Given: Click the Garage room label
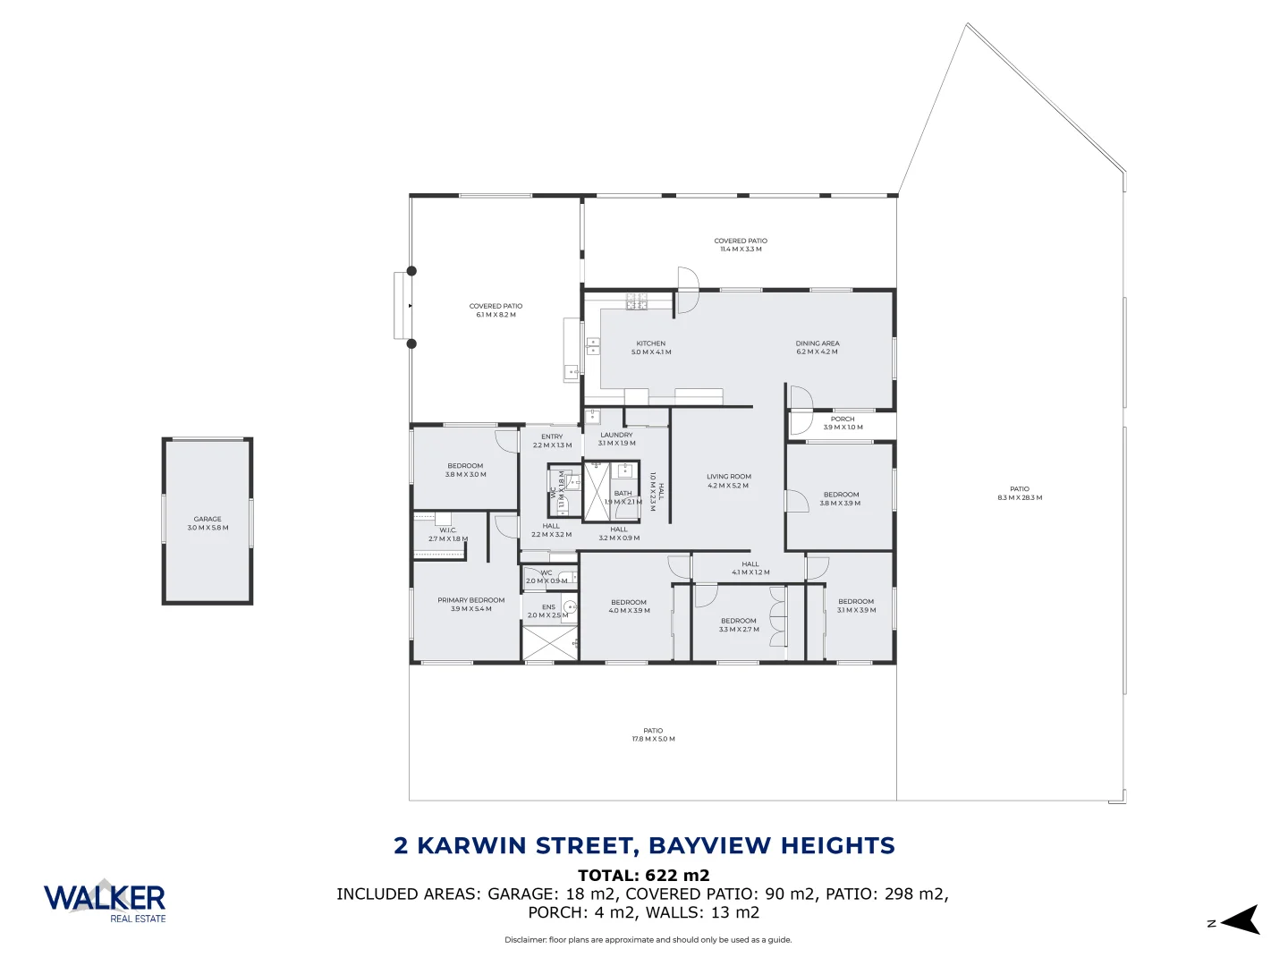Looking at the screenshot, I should [x=208, y=523].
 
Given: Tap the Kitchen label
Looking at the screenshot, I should [x=651, y=348].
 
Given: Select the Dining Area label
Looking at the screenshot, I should [x=818, y=348].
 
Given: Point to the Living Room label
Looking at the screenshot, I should [x=728, y=481].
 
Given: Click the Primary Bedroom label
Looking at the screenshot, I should [x=470, y=605].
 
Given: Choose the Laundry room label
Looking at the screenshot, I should [x=616, y=439].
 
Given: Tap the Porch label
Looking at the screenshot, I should [x=843, y=423].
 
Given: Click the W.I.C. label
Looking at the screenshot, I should [x=447, y=535].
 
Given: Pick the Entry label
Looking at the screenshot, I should [x=552, y=441].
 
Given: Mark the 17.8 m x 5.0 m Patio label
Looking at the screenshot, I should [x=653, y=735].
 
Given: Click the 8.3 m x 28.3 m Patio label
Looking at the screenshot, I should [x=1020, y=494].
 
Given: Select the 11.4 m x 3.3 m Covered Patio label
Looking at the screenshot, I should [x=741, y=245].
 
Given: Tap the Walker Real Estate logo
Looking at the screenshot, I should [x=105, y=901].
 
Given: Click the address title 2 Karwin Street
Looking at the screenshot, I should [x=644, y=845].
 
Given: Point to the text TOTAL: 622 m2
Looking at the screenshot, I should [x=644, y=876].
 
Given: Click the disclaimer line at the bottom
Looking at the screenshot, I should [x=648, y=940].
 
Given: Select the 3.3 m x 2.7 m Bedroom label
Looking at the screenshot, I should [x=739, y=624].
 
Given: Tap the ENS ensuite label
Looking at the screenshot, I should [x=548, y=611].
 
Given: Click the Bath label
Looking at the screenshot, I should [x=623, y=497].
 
